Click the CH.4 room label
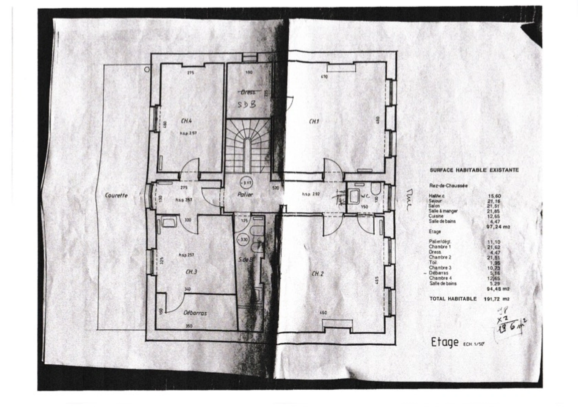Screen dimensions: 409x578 [186, 121]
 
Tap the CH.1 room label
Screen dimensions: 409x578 [314, 122]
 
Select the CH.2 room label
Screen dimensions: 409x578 [317, 274]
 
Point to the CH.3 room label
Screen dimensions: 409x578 [191, 272]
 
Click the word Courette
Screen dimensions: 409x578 [116, 195]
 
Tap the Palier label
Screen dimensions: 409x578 [245, 194]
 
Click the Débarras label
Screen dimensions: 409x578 [195, 313]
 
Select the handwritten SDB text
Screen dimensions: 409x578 [247, 104]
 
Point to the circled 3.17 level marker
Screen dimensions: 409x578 [247, 183]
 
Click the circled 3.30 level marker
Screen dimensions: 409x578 [243, 239]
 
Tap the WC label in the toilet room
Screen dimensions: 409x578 [365, 196]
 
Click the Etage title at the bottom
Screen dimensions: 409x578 [444, 342]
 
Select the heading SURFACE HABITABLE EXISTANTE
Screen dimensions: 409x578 [474, 170]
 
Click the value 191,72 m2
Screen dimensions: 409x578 [497, 299]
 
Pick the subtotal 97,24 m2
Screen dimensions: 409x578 [498, 227]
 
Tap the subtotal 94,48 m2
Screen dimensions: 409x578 [498, 289]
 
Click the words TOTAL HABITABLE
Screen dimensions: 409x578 [453, 299]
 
